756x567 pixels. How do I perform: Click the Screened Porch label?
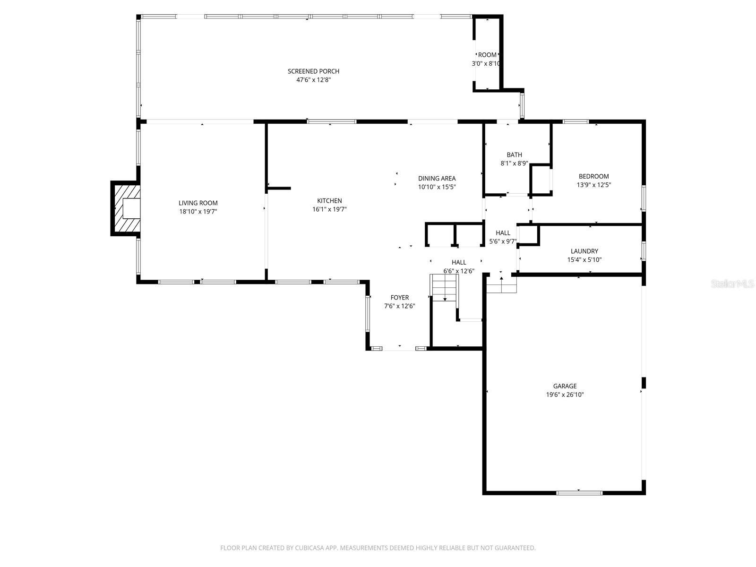point(313,71)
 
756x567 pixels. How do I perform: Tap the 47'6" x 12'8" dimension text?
point(313,80)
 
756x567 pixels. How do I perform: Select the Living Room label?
point(198,203)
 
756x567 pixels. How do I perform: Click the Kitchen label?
point(329,201)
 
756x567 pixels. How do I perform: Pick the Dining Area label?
point(437,178)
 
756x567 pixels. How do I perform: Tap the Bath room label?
point(514,155)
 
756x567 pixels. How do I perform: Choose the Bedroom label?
point(593,176)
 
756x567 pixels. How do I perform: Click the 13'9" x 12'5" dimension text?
point(593,185)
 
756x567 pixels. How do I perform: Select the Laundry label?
point(584,251)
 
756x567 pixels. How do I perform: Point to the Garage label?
point(565,386)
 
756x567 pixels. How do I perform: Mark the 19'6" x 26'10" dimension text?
point(565,395)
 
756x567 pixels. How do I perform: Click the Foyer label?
point(400,298)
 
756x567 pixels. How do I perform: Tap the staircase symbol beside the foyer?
point(444,288)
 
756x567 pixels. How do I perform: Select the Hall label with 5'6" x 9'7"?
point(503,233)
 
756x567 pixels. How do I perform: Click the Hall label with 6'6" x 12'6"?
point(459,262)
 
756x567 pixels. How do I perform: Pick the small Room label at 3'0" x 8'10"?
point(487,55)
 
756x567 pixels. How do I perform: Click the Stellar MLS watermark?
point(732,283)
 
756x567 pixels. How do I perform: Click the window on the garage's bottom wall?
point(579,493)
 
